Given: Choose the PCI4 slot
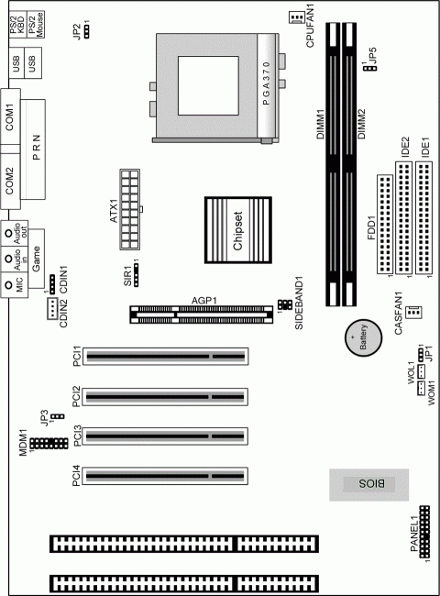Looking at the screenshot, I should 167,477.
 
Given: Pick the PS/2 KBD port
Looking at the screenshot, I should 15,27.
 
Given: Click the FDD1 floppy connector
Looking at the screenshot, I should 383,226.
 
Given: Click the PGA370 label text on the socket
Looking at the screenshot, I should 267,88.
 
